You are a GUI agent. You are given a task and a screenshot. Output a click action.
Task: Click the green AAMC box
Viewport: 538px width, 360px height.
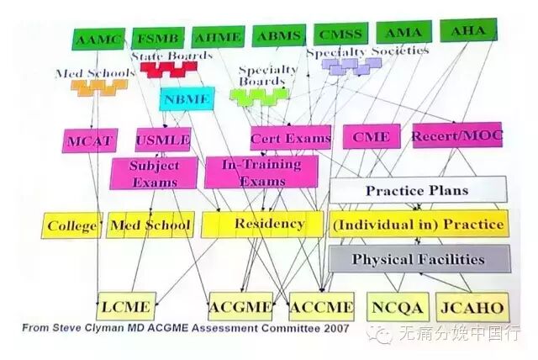click(98, 39)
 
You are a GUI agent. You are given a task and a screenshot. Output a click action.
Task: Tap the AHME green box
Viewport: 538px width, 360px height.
click(217, 38)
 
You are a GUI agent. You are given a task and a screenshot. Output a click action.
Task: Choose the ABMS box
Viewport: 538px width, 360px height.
click(278, 37)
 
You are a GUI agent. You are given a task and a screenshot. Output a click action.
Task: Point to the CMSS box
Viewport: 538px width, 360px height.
click(340, 36)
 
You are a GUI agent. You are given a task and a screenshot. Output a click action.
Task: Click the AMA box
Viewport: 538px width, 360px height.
click(403, 34)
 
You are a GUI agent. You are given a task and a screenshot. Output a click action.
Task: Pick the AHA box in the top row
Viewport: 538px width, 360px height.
click(468, 31)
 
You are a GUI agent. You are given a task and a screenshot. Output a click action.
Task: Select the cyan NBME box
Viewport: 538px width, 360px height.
click(184, 99)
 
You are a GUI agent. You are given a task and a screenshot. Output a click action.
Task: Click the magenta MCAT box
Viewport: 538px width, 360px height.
click(88, 140)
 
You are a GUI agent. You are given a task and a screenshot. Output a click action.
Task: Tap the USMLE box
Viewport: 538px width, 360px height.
click(162, 139)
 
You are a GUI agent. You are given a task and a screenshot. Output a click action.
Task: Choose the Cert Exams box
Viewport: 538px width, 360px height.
click(290, 137)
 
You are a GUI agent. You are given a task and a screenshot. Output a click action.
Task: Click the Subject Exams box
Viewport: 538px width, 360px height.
click(154, 173)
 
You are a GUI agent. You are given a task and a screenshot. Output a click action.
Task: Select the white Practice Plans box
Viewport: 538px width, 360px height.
click(417, 190)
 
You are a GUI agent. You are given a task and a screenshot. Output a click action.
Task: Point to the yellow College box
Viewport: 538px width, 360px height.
click(72, 225)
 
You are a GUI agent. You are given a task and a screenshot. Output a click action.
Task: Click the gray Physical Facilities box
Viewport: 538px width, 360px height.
click(418, 258)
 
